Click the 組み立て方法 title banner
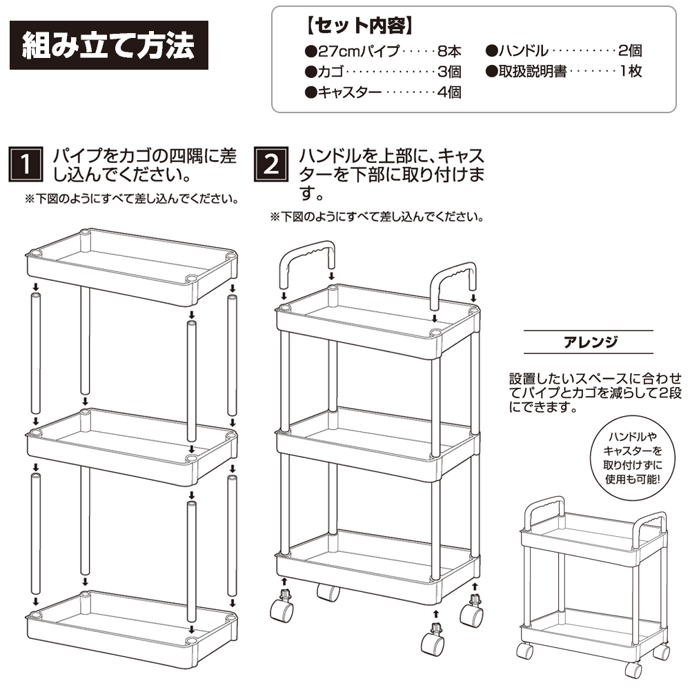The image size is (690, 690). [x=109, y=45]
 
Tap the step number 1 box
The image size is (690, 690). [x=26, y=164]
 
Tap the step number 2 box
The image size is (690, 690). [x=271, y=164]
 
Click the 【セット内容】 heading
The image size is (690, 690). [x=359, y=26]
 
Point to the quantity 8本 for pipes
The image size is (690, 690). [x=449, y=51]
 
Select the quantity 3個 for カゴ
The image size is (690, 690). [x=449, y=71]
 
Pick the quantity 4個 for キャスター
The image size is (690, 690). [x=449, y=92]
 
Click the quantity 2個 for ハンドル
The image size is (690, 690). [x=630, y=51]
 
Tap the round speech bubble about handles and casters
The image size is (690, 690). [x=632, y=457]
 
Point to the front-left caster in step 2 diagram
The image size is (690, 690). [x=282, y=609]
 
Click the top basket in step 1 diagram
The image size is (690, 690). [x=132, y=266]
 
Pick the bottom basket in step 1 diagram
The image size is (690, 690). [x=132, y=629]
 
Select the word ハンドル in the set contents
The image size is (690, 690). [x=523, y=51]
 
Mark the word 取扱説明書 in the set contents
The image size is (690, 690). [x=533, y=71]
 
